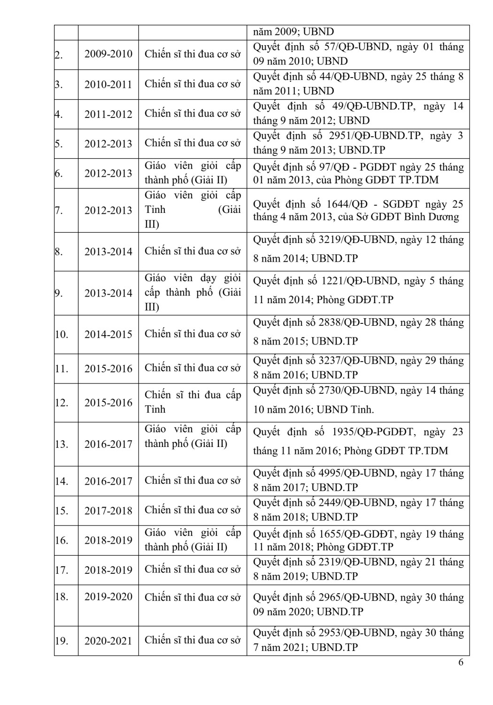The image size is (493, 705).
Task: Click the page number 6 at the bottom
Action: (x=461, y=663)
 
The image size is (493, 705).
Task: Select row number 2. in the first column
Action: (x=59, y=55)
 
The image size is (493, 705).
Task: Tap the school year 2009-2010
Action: (x=108, y=54)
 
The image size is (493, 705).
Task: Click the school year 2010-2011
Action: (x=108, y=84)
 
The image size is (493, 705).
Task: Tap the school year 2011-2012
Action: (x=108, y=114)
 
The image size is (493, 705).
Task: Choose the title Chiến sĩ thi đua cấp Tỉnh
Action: (x=193, y=402)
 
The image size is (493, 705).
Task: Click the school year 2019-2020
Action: (x=108, y=597)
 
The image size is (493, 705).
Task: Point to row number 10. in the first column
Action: (x=61, y=335)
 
